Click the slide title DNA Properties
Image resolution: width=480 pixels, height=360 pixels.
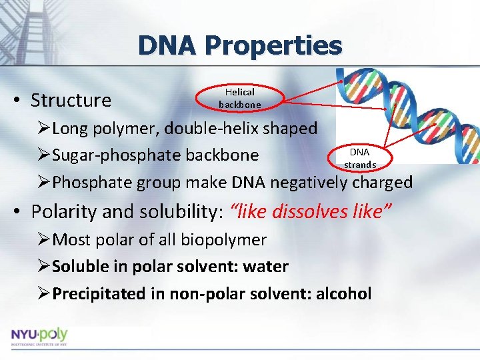coord(240,45)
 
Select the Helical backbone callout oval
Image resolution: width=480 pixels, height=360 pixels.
coord(240,98)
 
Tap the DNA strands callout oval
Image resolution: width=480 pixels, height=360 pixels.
coord(359,158)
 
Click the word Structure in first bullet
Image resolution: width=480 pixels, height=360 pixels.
coord(71,101)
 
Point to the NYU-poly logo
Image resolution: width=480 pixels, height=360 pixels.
coord(39,335)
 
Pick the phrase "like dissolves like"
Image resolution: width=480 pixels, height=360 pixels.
coord(310,211)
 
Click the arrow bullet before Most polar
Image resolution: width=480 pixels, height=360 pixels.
coord(44,239)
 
